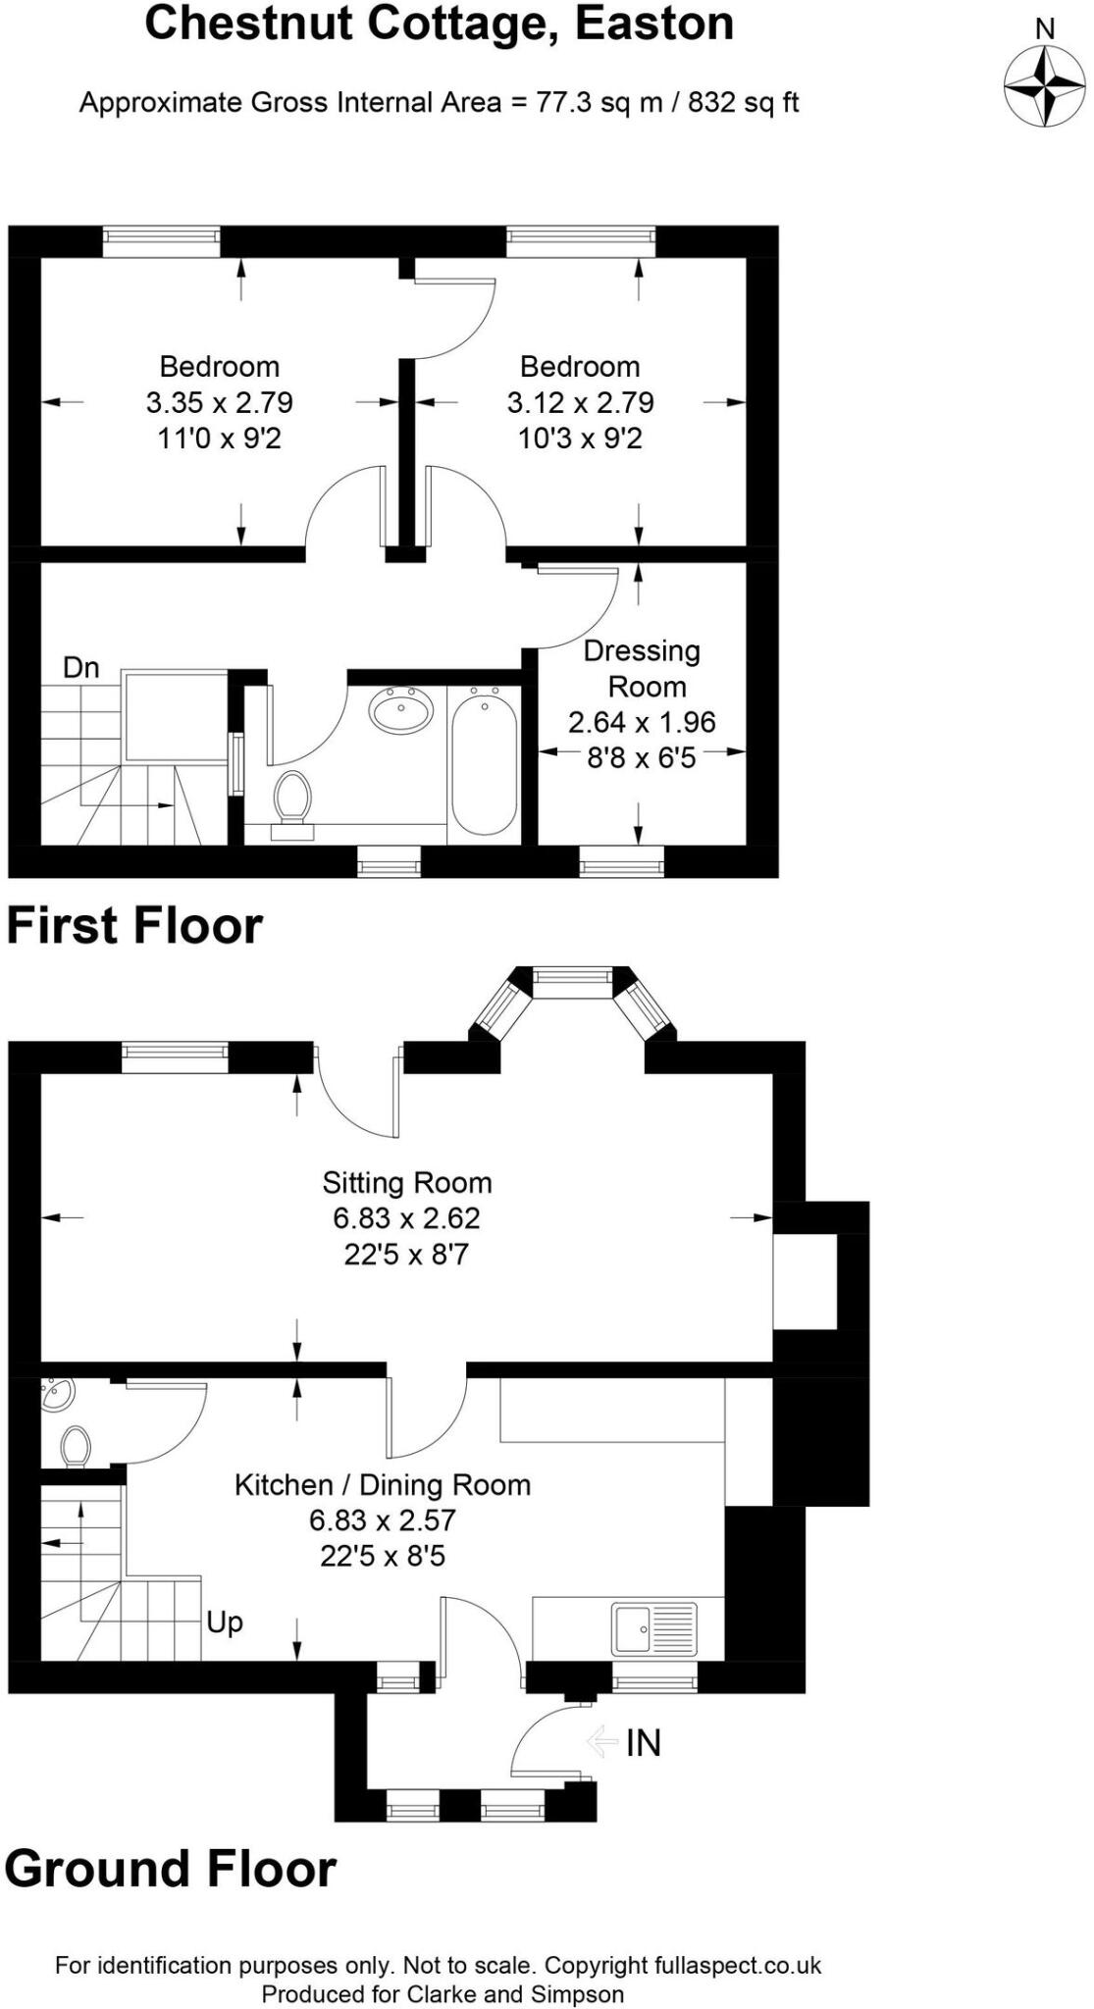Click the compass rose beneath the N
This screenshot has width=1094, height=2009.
pos(1045,85)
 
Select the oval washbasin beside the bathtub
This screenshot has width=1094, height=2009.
pos(401,709)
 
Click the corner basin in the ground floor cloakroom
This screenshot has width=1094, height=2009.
pos(56,1393)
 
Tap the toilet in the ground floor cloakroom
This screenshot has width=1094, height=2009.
pos(76,1446)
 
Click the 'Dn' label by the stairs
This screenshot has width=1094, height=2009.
pos(81,668)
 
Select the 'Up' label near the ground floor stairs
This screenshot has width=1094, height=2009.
pos(225,1623)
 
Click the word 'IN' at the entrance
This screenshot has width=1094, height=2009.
pos(644,1742)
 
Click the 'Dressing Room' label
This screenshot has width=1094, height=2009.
pos(643,668)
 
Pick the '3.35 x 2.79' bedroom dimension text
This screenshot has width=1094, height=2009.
pos(220,402)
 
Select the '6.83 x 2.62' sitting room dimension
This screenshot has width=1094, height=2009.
pos(406,1218)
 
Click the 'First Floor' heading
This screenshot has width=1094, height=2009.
pos(135,926)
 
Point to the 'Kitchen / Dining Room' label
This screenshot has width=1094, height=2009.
pos(383,1484)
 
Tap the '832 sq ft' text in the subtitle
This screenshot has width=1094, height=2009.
pos(743,102)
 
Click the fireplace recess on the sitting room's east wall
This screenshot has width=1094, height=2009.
pos(805,1281)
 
